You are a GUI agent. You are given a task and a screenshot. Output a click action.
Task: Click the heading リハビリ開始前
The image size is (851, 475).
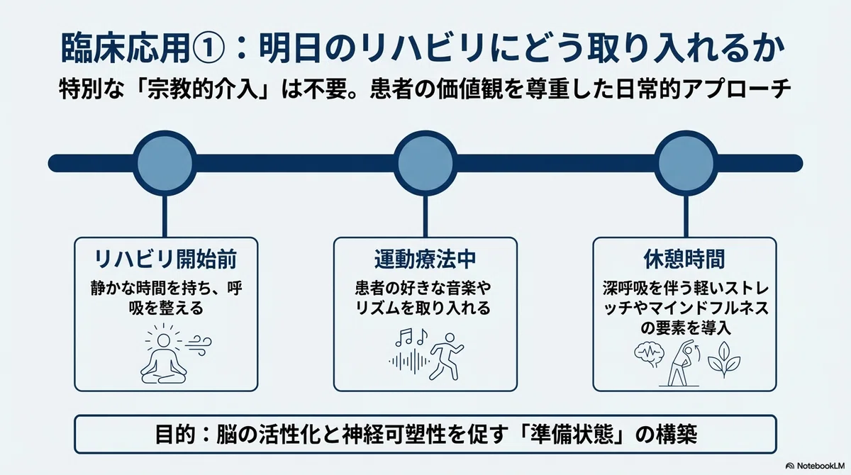(165, 259)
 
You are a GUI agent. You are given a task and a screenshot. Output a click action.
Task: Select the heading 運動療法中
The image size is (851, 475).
(425, 259)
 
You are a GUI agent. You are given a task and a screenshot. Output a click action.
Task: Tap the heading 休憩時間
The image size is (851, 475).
(684, 259)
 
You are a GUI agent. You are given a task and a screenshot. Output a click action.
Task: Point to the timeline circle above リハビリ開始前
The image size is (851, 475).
(165, 163)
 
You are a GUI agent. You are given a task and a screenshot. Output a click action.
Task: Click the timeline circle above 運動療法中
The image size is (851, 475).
(425, 163)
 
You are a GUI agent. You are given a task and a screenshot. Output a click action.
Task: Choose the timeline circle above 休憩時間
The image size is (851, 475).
(686, 163)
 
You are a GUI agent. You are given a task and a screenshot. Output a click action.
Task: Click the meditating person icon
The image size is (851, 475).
(163, 355)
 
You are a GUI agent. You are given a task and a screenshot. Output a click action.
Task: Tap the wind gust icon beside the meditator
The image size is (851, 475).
(199, 345)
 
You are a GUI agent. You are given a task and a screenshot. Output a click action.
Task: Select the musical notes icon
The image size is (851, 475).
(411, 337)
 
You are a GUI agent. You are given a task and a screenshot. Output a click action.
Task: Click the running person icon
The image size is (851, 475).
(446, 357)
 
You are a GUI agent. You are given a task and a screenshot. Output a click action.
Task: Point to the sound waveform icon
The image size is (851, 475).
(408, 362)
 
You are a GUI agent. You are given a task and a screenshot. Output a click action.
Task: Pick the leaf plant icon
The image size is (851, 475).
(723, 359)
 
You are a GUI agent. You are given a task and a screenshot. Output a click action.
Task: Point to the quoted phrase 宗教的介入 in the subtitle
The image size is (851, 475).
(203, 90)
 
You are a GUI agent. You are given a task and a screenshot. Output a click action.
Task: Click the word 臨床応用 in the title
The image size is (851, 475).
(126, 50)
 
